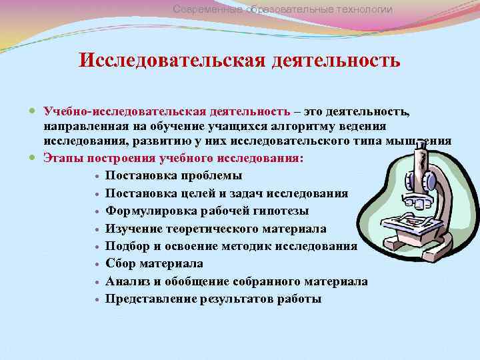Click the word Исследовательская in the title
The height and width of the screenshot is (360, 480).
(172, 61)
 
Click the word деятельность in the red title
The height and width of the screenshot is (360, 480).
(336, 61)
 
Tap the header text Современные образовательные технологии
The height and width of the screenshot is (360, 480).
(283, 9)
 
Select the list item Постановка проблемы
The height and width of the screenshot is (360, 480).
(173, 176)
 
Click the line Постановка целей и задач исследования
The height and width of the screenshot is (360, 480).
(226, 193)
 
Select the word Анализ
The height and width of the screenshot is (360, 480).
(129, 281)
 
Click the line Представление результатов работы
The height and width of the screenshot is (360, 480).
(213, 299)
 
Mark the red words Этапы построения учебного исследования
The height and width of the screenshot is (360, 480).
(173, 159)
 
